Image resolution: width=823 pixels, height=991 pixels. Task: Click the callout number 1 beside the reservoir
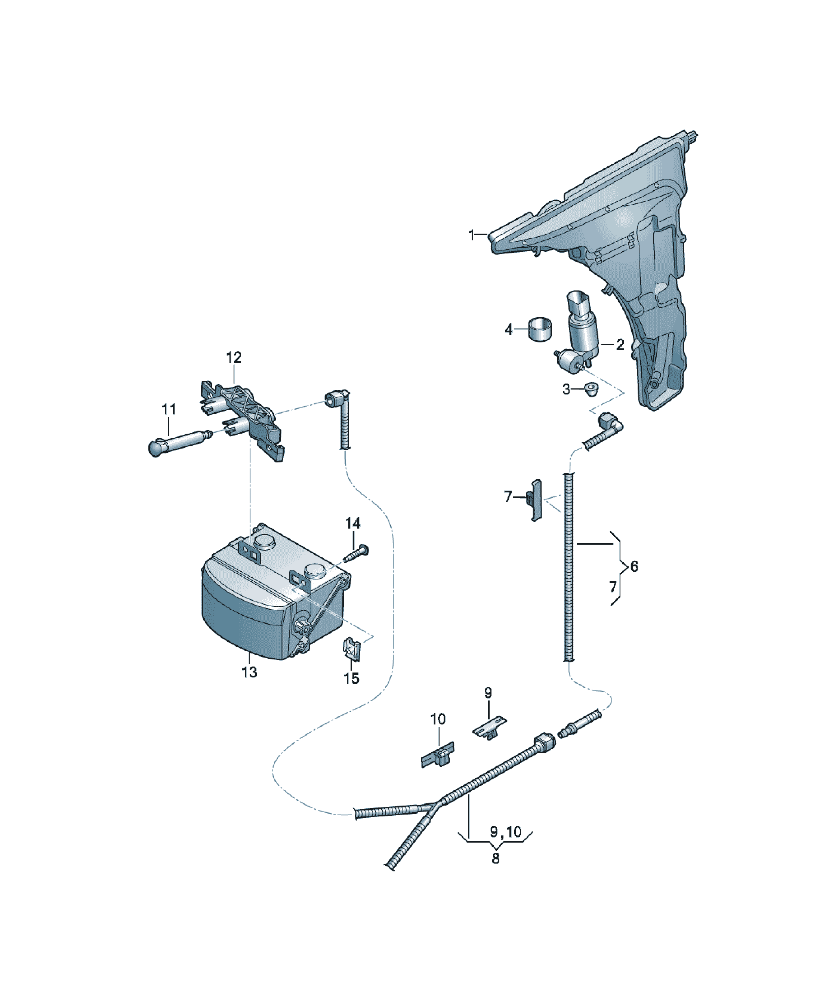pos(471,235)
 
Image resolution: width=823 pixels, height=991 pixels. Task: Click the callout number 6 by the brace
pos(634,566)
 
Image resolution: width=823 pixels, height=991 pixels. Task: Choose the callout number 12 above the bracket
pos(234,357)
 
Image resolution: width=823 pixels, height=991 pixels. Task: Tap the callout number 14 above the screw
pos(352,523)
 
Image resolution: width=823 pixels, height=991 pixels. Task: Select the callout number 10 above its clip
pos(437,719)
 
